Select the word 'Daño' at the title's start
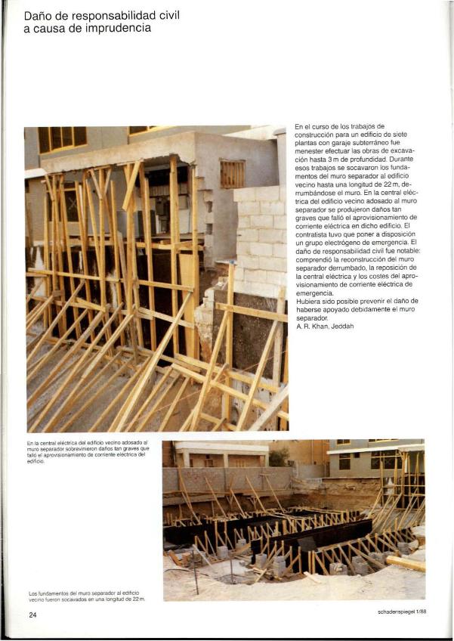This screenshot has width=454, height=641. point(39,14)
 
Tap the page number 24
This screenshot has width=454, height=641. point(32,615)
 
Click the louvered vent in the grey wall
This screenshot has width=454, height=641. point(232,174)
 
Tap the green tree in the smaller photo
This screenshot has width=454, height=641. point(280,456)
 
